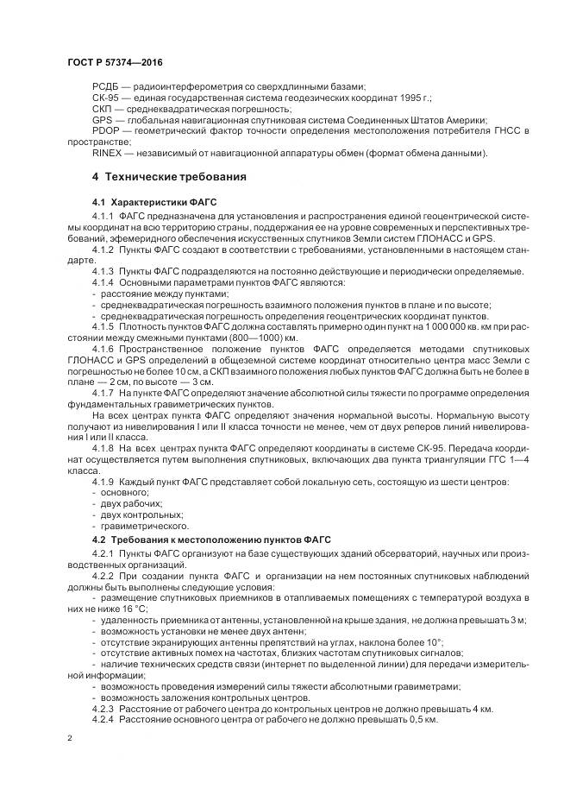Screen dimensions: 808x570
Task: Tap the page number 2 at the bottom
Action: coord(69,738)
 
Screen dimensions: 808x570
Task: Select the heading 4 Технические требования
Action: coord(169,177)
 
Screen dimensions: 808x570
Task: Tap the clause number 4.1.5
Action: coord(103,327)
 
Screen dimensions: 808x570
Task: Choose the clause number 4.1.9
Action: coord(103,480)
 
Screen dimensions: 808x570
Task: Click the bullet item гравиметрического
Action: coord(138,525)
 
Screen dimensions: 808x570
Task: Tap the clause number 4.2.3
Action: coord(103,708)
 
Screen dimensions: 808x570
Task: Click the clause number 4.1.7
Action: coord(103,393)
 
